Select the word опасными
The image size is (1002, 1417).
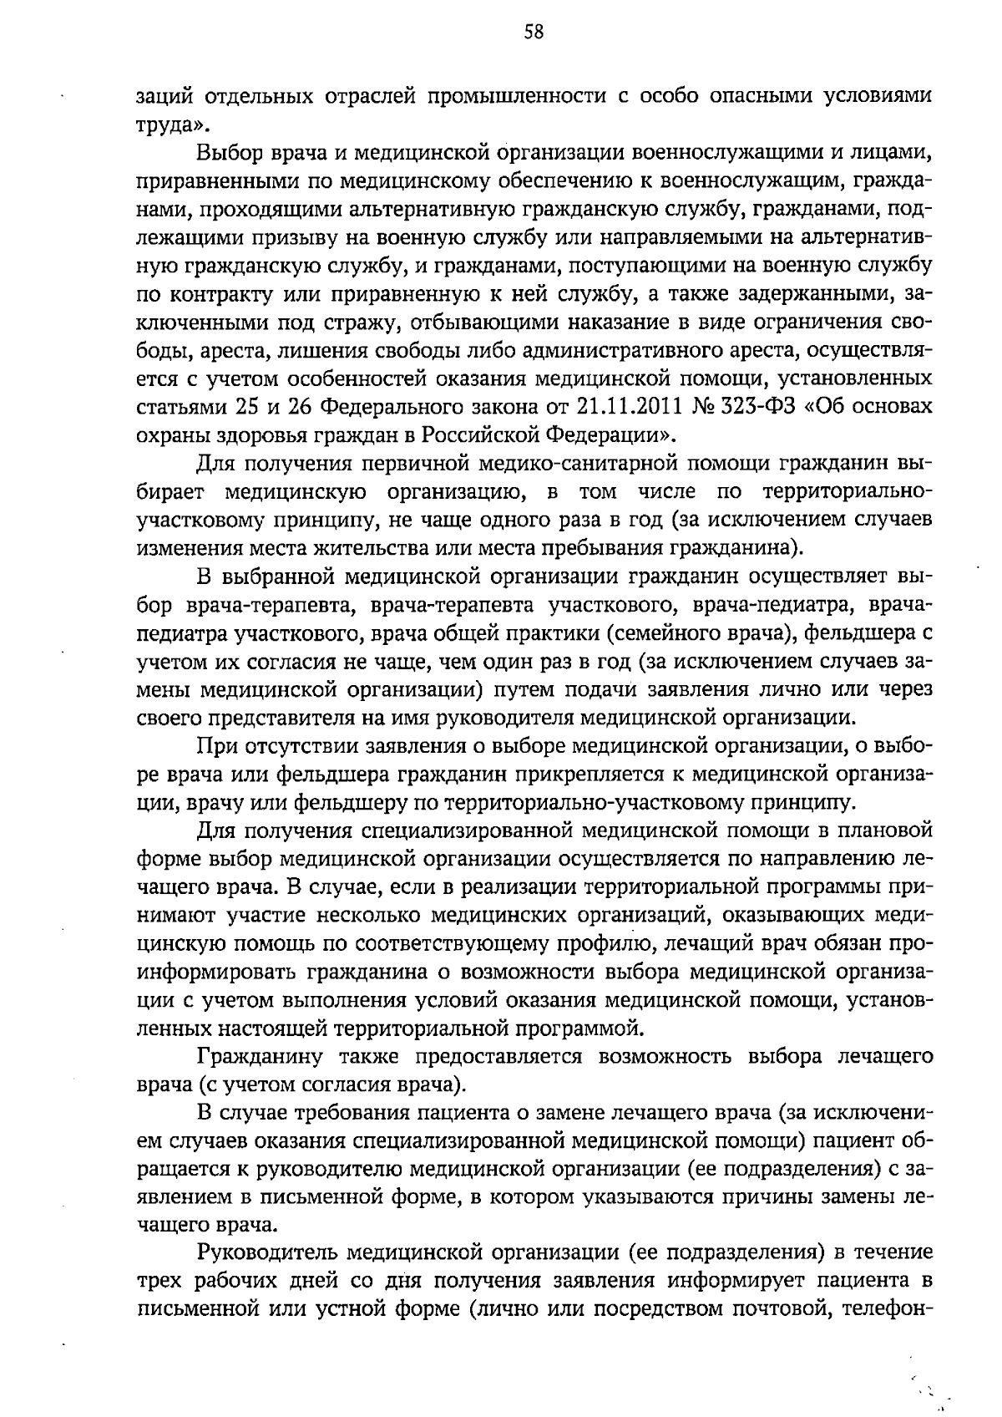coord(762,97)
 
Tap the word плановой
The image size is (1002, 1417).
coord(883,830)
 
